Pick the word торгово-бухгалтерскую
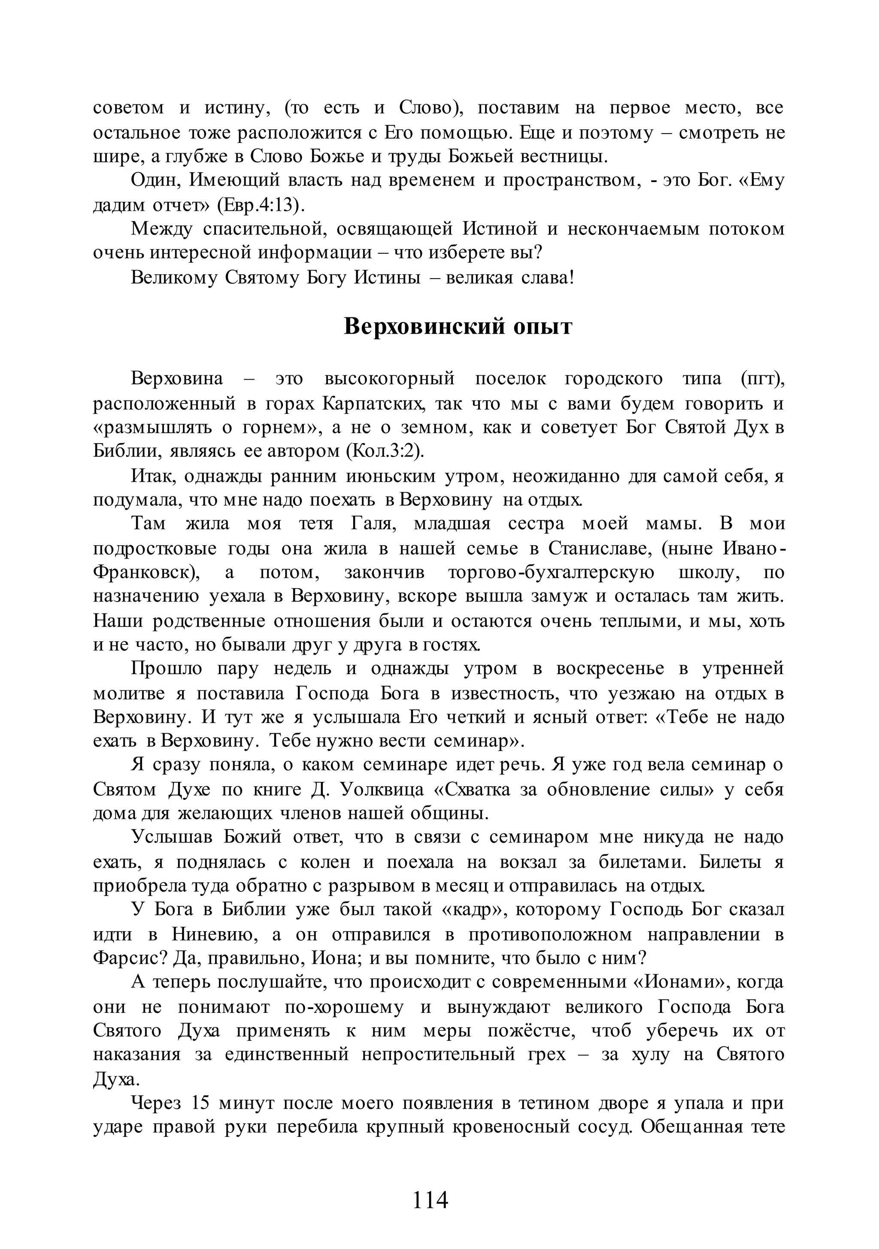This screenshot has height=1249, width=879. point(551,572)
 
